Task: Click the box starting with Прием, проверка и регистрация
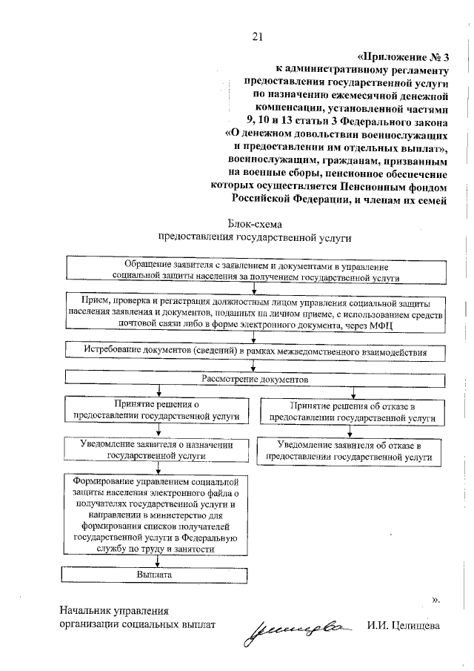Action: click(x=255, y=312)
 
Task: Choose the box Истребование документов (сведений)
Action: click(x=255, y=350)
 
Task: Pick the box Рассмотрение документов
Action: click(x=255, y=378)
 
